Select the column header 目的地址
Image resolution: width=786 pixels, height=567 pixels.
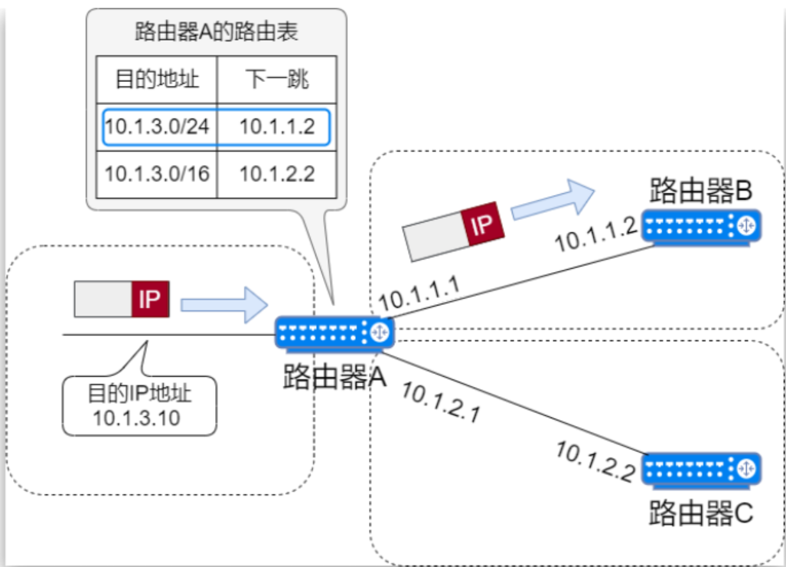(x=157, y=80)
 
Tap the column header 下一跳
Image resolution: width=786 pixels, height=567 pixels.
(x=277, y=80)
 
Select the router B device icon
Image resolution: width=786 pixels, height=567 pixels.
(x=701, y=226)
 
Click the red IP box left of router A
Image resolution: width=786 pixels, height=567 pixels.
(x=150, y=300)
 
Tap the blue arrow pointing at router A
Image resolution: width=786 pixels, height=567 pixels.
(x=224, y=304)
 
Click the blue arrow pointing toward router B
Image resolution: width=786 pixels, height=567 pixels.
(x=552, y=200)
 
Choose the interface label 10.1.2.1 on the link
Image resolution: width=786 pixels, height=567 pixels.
(x=441, y=403)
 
